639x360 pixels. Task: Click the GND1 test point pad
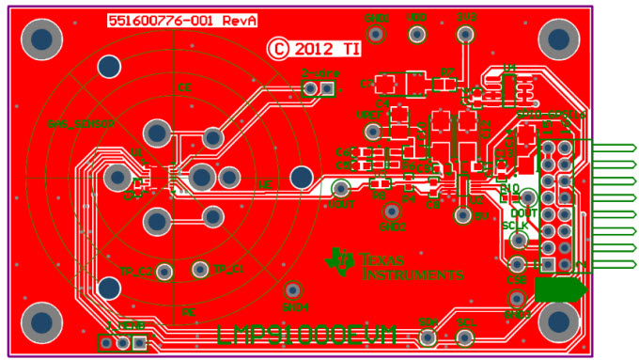[x=376, y=35]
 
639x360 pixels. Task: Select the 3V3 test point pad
[x=464, y=35]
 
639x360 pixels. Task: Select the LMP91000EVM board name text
[x=306, y=335]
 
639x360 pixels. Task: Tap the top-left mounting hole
[x=40, y=39]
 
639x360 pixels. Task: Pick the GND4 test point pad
[x=293, y=290]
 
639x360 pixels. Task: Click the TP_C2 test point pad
[x=165, y=273]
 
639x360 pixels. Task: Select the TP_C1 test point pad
[x=199, y=270]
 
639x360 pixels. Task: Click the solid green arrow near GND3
[x=560, y=290]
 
